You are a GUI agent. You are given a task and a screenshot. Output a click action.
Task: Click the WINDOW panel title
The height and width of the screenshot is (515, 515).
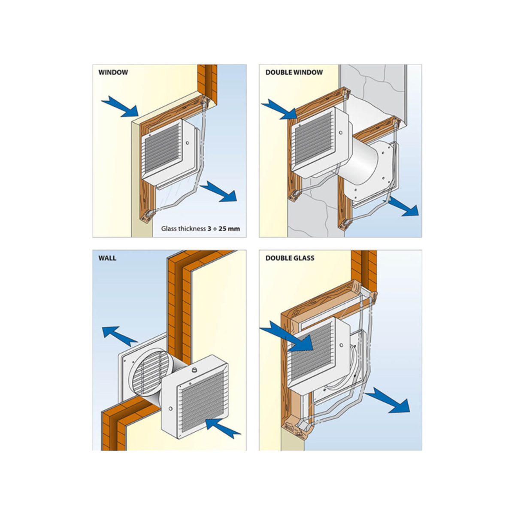[113, 73]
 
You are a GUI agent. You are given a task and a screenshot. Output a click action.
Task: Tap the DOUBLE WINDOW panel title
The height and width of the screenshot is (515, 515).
[294, 73]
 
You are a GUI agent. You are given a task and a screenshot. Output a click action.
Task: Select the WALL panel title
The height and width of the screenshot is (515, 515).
[107, 258]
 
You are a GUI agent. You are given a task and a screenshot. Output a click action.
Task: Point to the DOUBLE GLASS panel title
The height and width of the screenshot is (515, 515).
[290, 258]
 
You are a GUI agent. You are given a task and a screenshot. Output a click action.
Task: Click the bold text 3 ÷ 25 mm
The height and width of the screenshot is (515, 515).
[224, 229]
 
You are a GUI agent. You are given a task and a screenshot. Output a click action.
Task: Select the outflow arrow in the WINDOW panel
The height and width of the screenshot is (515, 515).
[218, 191]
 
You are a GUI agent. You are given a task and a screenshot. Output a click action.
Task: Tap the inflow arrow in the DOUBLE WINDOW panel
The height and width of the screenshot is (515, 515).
[279, 109]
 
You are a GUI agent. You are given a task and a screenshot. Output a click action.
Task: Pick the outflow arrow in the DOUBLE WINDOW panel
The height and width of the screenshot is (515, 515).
[403, 206]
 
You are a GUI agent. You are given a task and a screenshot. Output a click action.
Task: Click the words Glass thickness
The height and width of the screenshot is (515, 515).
[183, 229]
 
